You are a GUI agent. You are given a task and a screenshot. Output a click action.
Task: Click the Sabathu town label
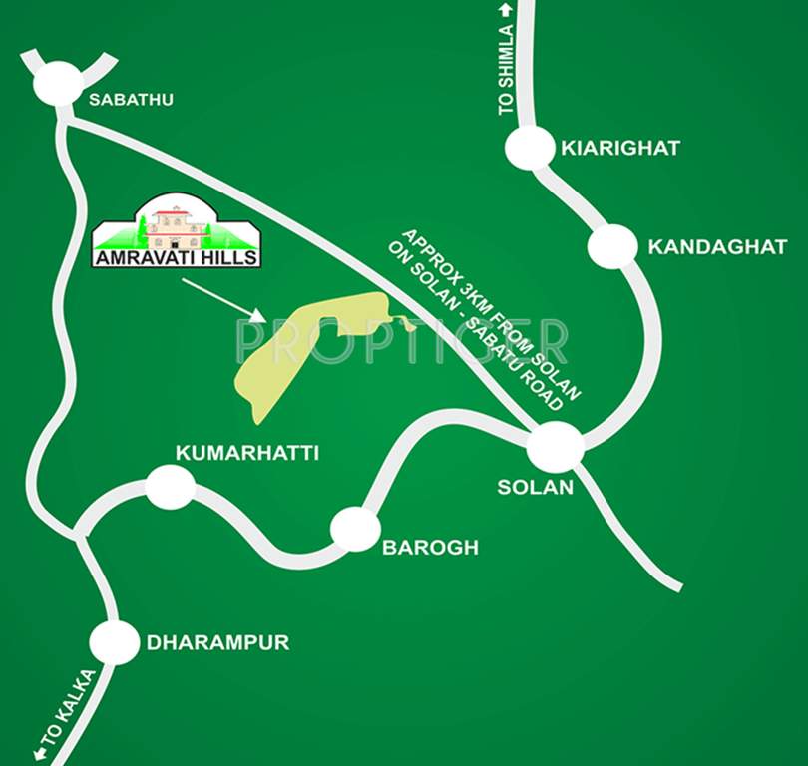coord(131,99)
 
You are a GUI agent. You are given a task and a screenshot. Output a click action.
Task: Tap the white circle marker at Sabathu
coord(56,83)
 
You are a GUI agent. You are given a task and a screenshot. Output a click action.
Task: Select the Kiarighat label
coord(619,148)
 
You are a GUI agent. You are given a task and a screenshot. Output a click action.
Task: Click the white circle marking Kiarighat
coord(529,149)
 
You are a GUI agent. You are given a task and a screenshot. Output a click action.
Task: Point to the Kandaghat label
coord(717,247)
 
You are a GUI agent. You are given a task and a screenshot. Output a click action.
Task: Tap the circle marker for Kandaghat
coord(611,246)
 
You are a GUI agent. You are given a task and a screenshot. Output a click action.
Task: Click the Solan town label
coord(536,488)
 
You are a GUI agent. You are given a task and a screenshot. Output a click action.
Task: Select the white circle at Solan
coord(555,446)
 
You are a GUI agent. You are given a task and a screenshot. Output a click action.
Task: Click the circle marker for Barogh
coord(355,529)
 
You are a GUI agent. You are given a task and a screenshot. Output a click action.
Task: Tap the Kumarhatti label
coord(247,453)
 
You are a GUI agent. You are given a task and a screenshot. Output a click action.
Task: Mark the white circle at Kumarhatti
coord(170,487)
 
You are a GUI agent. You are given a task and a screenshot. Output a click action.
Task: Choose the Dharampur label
coord(217,643)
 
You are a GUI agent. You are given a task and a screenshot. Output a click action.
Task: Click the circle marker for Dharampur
coord(114,642)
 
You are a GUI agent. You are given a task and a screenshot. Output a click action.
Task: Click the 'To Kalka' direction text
coord(66,712)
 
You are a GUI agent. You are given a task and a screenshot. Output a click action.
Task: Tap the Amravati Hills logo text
coord(176,257)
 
